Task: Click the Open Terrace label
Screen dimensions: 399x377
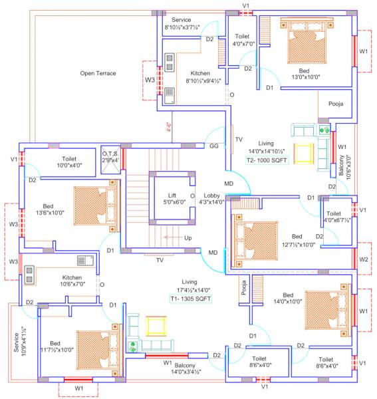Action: pos(98,73)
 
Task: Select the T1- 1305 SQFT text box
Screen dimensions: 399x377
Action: pos(189,299)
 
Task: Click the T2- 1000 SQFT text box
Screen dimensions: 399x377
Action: pos(266,160)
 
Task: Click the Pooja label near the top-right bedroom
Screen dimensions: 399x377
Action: pos(336,104)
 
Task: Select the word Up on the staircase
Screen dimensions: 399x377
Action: pos(188,237)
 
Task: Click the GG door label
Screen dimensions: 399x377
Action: pos(214,145)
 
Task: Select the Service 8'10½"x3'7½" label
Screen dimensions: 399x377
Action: pos(182,24)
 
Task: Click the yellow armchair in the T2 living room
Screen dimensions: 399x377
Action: pos(303,152)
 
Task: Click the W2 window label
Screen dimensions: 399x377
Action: pos(363,259)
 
